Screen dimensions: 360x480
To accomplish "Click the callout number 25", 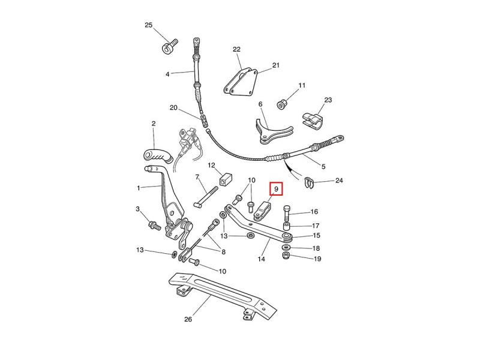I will click(149, 25).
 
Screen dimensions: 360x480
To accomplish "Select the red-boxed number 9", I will click(277, 190).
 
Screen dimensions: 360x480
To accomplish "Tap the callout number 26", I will click(188, 319).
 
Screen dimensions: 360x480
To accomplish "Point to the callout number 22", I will click(236, 49).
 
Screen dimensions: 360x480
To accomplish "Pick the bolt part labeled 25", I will click(169, 46).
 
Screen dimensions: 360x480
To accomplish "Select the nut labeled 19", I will click(287, 257).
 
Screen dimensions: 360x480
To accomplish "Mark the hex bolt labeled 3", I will click(152, 226).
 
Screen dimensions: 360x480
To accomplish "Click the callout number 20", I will click(173, 109).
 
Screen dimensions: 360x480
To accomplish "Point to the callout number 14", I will click(261, 260).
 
